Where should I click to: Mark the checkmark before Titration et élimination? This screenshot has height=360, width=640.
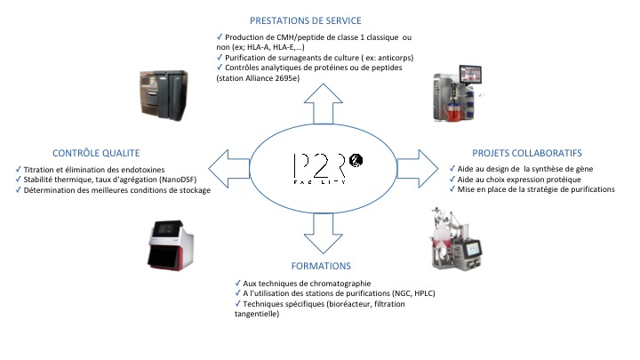(20, 169)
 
